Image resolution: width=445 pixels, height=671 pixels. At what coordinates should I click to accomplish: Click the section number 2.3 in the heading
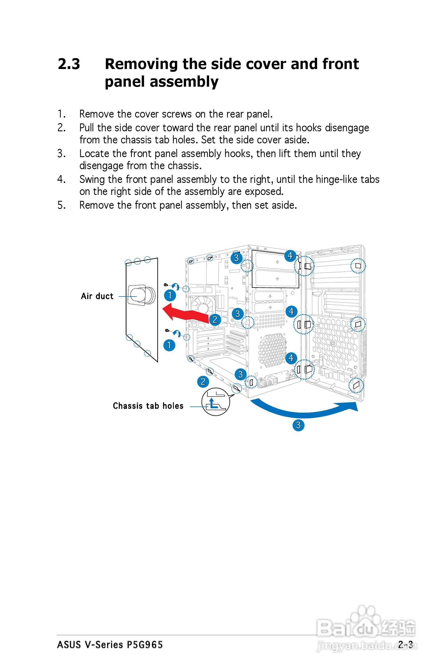[x=69, y=64]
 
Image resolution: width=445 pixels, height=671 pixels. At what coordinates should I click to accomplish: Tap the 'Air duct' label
[x=97, y=296]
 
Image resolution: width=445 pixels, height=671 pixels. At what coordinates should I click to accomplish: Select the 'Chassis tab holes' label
[x=148, y=406]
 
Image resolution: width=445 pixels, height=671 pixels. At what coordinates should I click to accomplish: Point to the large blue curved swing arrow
[x=304, y=410]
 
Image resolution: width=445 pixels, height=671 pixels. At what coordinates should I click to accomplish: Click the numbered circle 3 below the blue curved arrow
[x=298, y=425]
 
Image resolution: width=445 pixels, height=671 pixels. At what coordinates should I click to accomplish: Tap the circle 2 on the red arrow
[x=215, y=320]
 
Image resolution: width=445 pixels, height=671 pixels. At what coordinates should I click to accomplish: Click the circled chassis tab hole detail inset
[x=216, y=402]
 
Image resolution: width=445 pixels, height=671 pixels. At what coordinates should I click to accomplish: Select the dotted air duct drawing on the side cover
[x=141, y=295]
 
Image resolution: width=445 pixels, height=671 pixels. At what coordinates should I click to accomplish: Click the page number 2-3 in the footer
[x=405, y=644]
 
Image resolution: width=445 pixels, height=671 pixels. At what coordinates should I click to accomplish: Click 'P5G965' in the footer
[x=145, y=645]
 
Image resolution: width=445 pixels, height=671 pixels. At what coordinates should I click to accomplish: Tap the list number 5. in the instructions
[x=62, y=205]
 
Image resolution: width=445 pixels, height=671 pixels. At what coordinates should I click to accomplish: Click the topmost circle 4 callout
[x=290, y=256]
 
